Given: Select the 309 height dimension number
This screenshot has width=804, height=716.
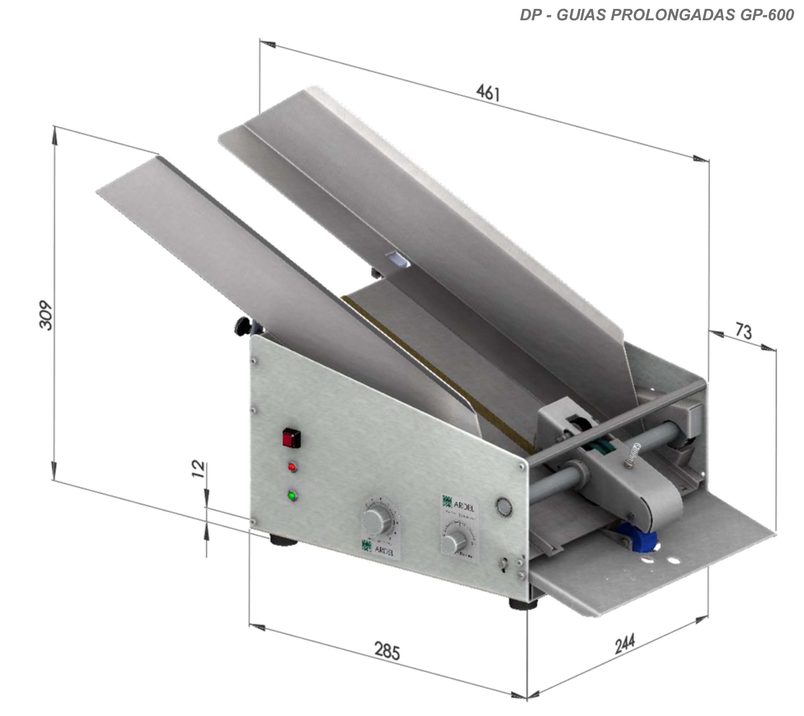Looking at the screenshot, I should click(x=46, y=315).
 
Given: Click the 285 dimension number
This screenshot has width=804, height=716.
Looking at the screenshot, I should click(x=387, y=650).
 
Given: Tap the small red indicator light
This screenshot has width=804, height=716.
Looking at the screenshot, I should click(x=292, y=467).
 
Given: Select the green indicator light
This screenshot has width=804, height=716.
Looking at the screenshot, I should click(x=292, y=496).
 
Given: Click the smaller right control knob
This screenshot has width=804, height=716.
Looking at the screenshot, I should click(x=454, y=542).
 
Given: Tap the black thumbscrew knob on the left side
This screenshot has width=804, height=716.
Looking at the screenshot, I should click(x=242, y=327).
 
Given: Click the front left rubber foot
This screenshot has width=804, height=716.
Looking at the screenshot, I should click(x=283, y=540).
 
